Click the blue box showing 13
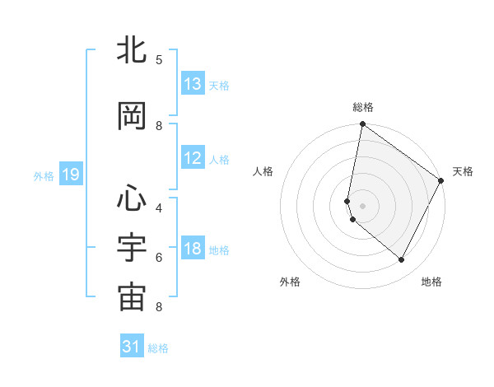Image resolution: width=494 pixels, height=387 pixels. pyautogui.click(x=193, y=84)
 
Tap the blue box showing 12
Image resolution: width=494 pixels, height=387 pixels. pyautogui.click(x=193, y=158)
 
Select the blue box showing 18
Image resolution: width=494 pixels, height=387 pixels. pyautogui.click(x=193, y=249)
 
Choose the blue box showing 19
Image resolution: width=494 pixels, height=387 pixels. pyautogui.click(x=71, y=175)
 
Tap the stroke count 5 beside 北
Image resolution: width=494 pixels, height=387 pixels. pyautogui.click(x=159, y=59)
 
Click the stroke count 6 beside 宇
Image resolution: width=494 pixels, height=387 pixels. pyautogui.click(x=159, y=257)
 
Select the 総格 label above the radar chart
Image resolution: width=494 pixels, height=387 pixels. pyautogui.click(x=363, y=107)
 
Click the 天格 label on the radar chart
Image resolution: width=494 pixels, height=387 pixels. pyautogui.click(x=463, y=171)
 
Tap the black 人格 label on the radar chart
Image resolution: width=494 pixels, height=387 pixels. pyautogui.click(x=263, y=171)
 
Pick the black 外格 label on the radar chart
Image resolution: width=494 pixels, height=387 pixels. pyautogui.click(x=290, y=282)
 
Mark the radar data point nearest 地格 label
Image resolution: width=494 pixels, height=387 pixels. pyautogui.click(x=402, y=260)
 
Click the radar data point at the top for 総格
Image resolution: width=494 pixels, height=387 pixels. pyautogui.click(x=363, y=125)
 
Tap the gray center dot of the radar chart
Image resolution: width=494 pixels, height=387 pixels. pyautogui.click(x=363, y=204)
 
